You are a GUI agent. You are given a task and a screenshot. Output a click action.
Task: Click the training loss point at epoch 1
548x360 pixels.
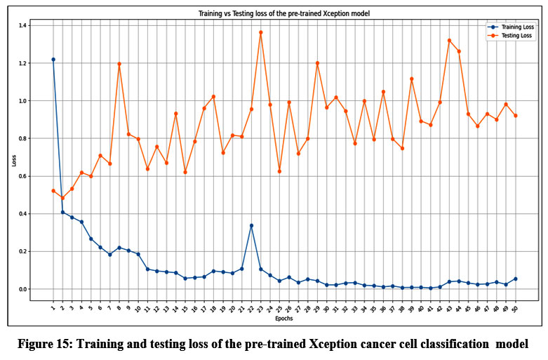click(53, 60)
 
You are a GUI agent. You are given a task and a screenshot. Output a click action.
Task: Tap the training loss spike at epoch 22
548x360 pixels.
click(251, 225)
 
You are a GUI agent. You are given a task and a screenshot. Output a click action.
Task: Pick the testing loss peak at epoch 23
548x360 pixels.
click(261, 32)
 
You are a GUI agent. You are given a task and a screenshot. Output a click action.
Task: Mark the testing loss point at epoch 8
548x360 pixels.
click(119, 64)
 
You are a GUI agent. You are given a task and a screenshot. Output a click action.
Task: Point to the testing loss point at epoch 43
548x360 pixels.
click(449, 41)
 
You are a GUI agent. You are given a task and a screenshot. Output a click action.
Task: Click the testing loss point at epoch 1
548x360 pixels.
click(53, 191)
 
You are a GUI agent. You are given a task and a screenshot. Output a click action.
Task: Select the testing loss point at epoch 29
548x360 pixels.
click(317, 63)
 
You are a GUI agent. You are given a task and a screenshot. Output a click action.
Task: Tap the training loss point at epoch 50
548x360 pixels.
click(515, 279)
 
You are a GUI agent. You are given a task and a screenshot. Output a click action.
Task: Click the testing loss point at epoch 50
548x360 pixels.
click(515, 116)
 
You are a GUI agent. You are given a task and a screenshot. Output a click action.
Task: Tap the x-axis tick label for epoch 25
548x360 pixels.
click(279, 309)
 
